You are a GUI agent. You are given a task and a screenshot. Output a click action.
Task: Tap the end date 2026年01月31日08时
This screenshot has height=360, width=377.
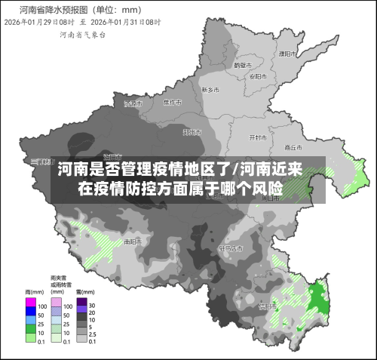click(x=124, y=23)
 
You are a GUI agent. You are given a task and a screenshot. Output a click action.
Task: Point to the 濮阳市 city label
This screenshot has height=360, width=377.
click(x=286, y=54)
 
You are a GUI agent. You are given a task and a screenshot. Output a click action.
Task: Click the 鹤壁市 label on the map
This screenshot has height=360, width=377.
click(x=241, y=65)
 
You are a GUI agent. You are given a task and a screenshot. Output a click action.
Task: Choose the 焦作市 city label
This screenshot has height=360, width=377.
click(x=173, y=102)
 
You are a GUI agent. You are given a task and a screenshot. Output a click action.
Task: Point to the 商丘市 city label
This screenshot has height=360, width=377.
click(x=293, y=147)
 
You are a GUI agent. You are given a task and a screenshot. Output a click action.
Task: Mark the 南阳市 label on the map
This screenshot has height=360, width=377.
click(x=132, y=242)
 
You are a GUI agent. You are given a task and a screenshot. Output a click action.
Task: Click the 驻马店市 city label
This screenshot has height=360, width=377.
click(x=230, y=248)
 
